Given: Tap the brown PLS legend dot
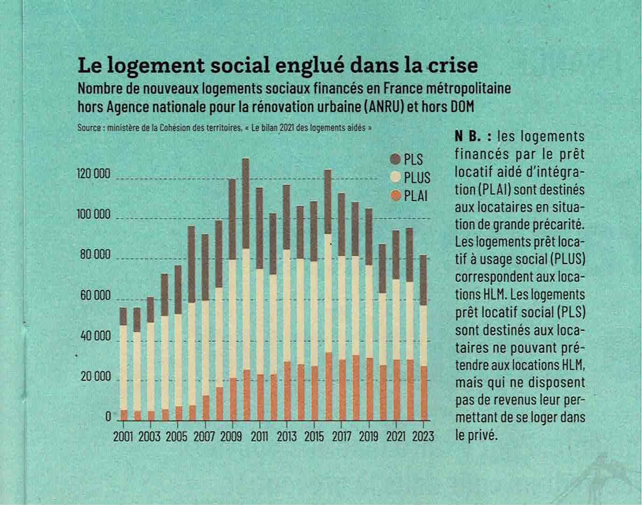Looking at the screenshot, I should click(x=396, y=159).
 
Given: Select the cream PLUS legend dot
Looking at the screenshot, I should click(x=396, y=178).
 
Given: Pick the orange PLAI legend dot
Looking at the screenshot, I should click(x=396, y=196).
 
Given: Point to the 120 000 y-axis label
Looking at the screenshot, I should click(x=93, y=174).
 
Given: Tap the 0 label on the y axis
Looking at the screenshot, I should click(x=108, y=417).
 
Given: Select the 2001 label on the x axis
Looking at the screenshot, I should click(x=123, y=437).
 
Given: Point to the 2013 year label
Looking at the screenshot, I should click(x=286, y=437).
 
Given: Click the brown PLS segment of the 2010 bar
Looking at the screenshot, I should click(x=245, y=203).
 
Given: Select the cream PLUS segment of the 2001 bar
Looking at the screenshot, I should click(x=123, y=367).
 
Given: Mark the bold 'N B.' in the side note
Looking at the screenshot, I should click(x=472, y=136).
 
